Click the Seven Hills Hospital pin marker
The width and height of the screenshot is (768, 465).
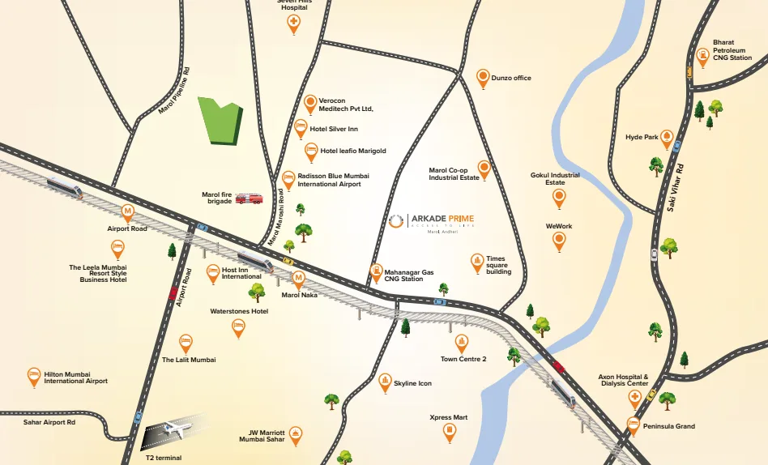pyautogui.click(x=293, y=24)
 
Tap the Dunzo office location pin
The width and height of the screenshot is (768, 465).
pyautogui.click(x=483, y=78)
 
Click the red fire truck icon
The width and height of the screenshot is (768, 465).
pyautogui.click(x=249, y=198)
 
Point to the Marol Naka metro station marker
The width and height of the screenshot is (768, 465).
pyautogui.click(x=299, y=280)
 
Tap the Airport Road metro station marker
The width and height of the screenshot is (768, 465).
pyautogui.click(x=127, y=213)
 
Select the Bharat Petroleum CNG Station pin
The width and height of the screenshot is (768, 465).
pyautogui.click(x=702, y=57)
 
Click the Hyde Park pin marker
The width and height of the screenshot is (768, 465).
pyautogui.click(x=667, y=138)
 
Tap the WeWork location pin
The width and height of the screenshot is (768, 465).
pyautogui.click(x=559, y=240)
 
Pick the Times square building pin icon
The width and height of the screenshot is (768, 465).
pyautogui.click(x=477, y=262)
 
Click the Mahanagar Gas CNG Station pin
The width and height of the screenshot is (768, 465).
pyautogui.click(x=376, y=272)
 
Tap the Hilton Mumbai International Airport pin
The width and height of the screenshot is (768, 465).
pyautogui.click(x=34, y=376)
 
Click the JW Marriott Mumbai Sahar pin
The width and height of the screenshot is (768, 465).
pyautogui.click(x=296, y=435)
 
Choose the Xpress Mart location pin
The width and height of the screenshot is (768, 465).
pyautogui.click(x=450, y=433)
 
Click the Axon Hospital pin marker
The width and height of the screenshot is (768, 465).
pyautogui.click(x=635, y=397)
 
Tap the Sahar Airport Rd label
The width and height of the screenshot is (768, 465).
pyautogui.click(x=49, y=422)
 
